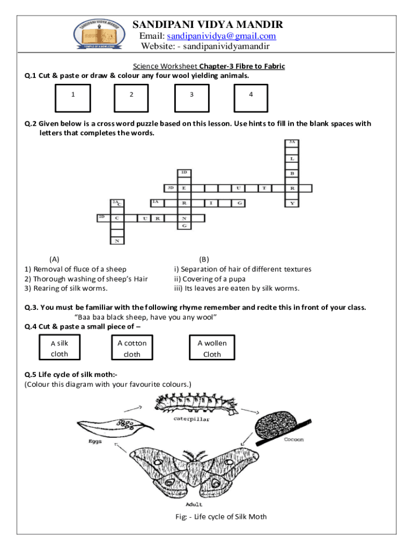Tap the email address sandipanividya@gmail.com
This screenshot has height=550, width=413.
click(x=222, y=36)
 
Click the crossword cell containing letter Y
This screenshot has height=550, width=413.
click(x=292, y=203)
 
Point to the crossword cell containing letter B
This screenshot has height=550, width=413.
click(x=292, y=173)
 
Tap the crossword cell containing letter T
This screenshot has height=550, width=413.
click(x=264, y=189)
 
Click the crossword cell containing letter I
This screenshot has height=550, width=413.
click(x=211, y=203)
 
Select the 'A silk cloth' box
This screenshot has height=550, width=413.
click(x=60, y=348)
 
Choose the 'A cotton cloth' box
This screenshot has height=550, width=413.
click(x=132, y=348)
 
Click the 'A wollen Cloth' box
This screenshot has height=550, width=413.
click(x=212, y=348)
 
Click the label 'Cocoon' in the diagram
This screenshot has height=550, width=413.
click(x=293, y=439)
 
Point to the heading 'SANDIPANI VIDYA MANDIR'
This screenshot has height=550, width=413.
click(x=208, y=25)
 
